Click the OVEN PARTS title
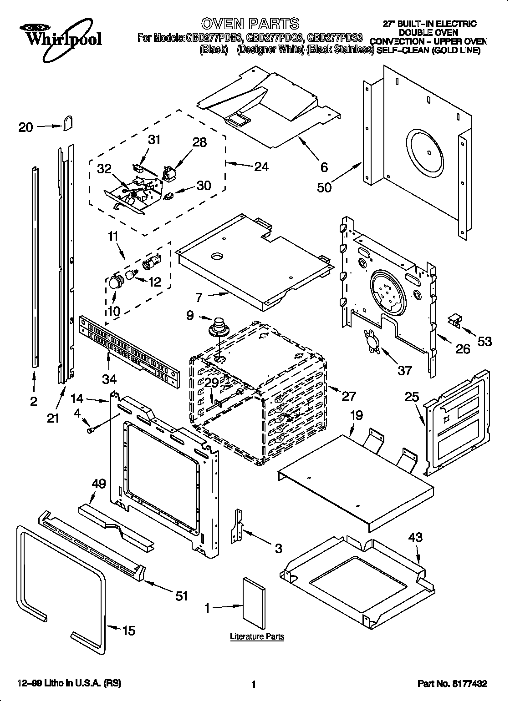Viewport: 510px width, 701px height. (x=250, y=23)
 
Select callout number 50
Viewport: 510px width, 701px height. (x=325, y=187)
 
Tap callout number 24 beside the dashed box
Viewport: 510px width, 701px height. (x=261, y=166)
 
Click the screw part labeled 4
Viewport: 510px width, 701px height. (x=91, y=428)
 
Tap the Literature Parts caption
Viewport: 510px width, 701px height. (x=257, y=636)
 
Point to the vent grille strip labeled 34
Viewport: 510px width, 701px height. (x=128, y=348)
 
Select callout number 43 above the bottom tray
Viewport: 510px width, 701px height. (x=415, y=537)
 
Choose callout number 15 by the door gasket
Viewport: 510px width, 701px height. (x=129, y=630)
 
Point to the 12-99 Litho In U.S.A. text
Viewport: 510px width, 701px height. (x=69, y=683)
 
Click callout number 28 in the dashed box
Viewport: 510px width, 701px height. (x=199, y=142)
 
